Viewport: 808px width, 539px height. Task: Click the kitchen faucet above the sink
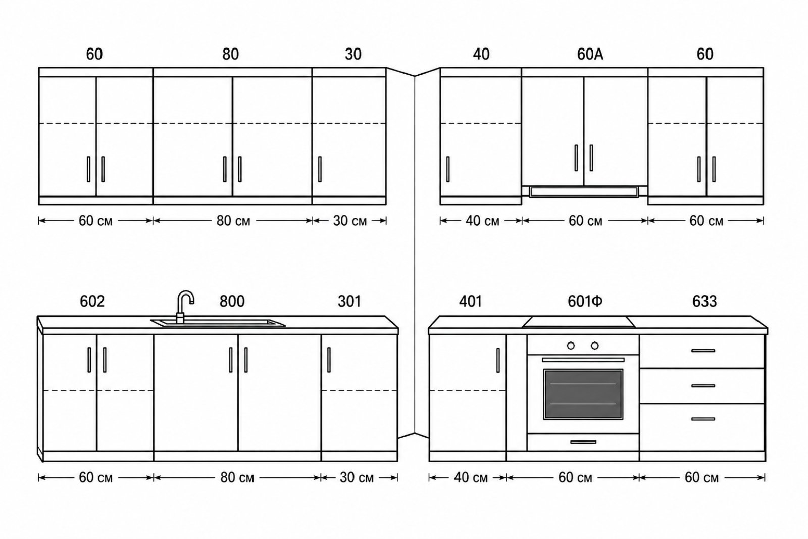(184, 307)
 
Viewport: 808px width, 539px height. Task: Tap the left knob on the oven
(571, 346)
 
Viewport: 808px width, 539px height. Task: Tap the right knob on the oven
(595, 346)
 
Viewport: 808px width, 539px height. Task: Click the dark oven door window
(583, 394)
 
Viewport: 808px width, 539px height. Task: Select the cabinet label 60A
(590, 54)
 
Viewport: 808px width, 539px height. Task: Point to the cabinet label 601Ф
(585, 301)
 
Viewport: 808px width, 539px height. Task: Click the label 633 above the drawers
(704, 301)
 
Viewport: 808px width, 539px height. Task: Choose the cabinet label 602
(92, 301)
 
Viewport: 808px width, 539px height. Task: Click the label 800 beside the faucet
(232, 301)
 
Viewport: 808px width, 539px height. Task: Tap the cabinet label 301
(349, 301)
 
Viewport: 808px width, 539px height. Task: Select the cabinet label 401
(470, 301)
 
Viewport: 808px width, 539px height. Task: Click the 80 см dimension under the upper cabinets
(233, 221)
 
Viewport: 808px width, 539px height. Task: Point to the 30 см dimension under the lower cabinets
(357, 478)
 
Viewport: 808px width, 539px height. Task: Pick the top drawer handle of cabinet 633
(703, 350)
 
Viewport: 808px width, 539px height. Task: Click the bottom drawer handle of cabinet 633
(703, 419)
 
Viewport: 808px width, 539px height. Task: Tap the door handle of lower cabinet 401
(498, 360)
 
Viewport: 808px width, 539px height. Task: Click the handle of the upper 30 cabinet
(320, 169)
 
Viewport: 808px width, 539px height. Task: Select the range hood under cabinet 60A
(584, 191)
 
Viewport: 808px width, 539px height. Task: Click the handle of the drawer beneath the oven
(583, 442)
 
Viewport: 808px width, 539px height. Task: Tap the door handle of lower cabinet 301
(329, 360)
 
